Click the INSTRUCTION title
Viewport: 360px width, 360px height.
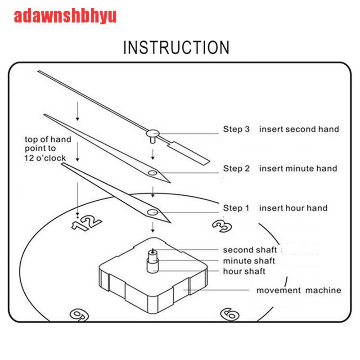[x=176, y=47]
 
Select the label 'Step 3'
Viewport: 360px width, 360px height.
[x=236, y=129]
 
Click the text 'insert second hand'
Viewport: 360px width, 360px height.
[x=299, y=129]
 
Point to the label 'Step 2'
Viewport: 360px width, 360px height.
[x=236, y=169]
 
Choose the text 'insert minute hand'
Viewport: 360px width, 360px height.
[x=298, y=169]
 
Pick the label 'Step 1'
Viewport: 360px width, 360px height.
[x=236, y=208]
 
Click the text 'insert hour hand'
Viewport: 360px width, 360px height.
[x=293, y=208]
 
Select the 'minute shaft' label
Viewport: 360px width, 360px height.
[x=249, y=261]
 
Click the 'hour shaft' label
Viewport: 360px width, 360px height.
[x=244, y=271]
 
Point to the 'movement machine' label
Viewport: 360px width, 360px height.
[x=299, y=290]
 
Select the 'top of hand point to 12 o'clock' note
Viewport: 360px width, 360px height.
[x=47, y=148]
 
